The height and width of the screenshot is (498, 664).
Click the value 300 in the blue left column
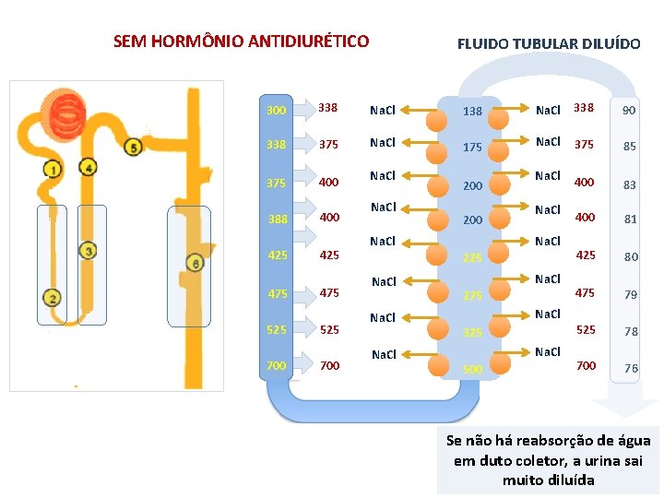point(276,111)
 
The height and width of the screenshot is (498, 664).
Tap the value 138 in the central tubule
point(472,112)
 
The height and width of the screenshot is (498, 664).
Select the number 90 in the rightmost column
point(629,111)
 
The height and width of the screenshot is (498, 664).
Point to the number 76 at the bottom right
point(631,368)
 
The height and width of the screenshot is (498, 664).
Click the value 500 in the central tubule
point(472,369)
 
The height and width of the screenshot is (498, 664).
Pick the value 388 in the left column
point(277,219)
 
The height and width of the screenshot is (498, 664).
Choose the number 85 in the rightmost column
point(629,146)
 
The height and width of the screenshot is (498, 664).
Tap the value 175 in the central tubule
point(472,148)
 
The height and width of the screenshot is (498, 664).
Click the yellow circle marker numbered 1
point(53,170)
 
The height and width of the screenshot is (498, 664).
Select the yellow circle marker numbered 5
point(134,148)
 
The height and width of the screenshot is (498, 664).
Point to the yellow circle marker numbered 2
point(53,298)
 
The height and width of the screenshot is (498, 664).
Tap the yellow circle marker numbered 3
point(88,250)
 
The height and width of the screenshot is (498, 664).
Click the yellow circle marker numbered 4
point(88,167)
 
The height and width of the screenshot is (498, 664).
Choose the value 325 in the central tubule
point(472,331)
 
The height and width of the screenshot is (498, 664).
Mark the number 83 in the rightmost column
point(629,185)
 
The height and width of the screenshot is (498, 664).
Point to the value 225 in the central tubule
point(472,258)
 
